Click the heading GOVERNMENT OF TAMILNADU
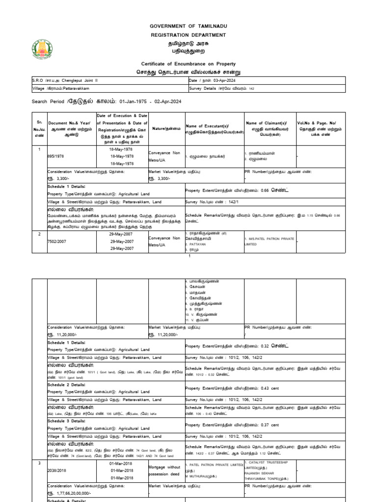[188, 25]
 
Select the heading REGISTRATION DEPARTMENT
[188, 35]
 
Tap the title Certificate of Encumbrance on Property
[188, 64]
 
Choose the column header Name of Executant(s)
[214, 129]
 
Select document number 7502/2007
[58, 242]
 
